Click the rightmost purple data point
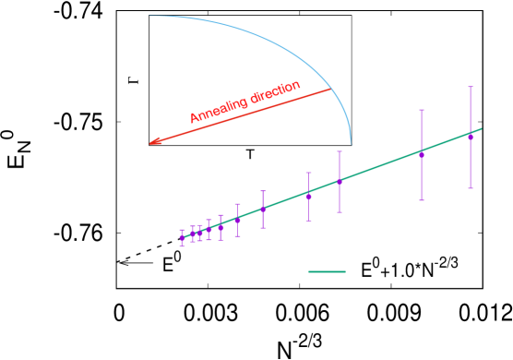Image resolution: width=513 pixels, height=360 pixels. (471, 138)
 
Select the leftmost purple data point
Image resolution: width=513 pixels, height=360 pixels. (182, 238)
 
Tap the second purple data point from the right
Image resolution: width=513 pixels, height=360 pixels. (422, 154)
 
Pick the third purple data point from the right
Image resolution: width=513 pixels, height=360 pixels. (340, 181)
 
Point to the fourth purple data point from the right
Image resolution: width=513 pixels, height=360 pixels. (308, 196)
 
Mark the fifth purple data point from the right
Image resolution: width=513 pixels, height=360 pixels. (263, 209)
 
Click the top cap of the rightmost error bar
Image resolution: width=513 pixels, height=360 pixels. (471, 87)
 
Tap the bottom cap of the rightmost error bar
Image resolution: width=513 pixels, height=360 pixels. (471, 188)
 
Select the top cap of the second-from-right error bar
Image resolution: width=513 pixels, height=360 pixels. (422, 110)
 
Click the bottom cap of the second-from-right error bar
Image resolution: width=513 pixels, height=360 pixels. (422, 199)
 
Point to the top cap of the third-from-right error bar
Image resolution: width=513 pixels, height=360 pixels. (340, 150)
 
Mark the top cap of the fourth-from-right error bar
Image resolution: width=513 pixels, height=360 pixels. (308, 173)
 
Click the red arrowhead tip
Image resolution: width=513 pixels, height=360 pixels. (149, 144)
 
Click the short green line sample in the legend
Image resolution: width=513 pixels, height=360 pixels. (327, 271)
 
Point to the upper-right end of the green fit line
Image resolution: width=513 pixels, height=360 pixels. (482, 128)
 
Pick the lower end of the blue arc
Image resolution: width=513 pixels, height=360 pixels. (351, 146)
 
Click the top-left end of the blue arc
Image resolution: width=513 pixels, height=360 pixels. (149, 16)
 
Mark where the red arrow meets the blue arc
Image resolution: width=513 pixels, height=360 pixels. (331, 89)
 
